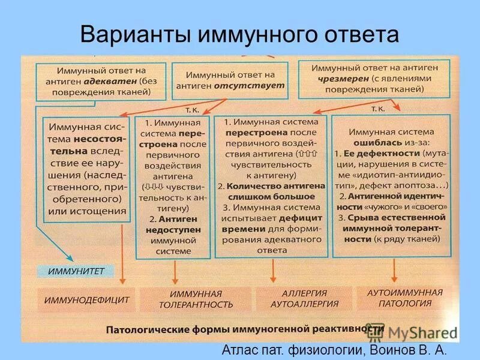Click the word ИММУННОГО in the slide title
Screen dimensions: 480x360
(247, 35)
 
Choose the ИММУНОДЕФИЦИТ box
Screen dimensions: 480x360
(85, 299)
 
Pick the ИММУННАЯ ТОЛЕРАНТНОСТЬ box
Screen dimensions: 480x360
(196, 299)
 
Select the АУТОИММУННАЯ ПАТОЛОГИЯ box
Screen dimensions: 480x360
(408, 298)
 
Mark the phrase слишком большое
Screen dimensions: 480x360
(274, 196)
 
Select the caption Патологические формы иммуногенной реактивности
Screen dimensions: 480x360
(245, 330)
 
